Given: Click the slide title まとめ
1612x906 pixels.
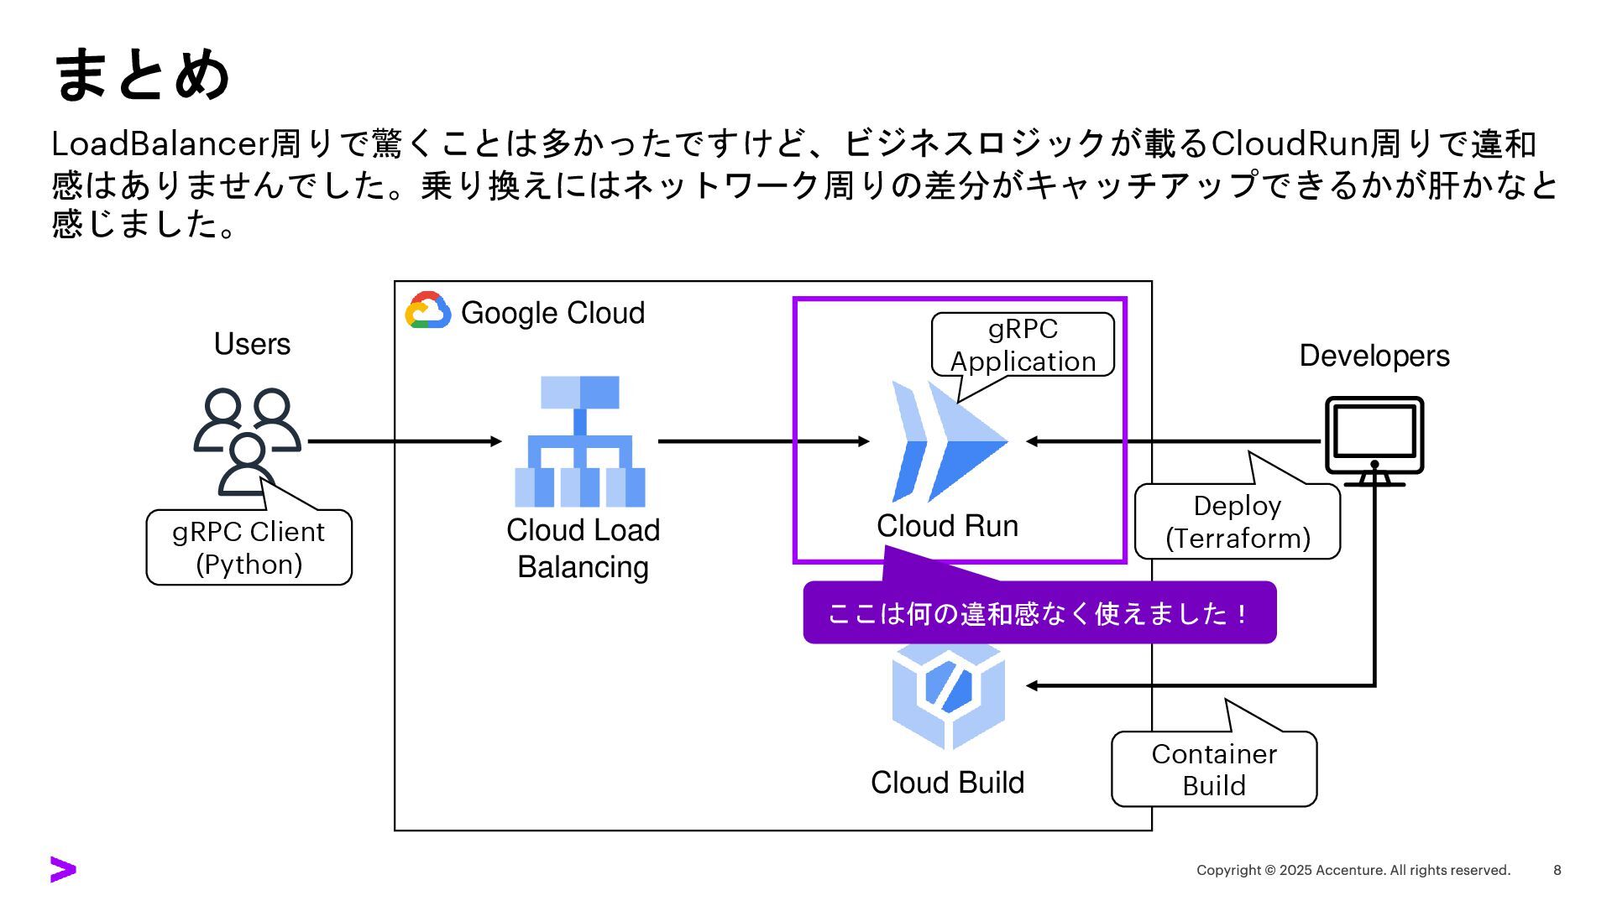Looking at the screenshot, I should point(141,75).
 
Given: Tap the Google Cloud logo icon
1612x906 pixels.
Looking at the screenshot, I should point(428,310).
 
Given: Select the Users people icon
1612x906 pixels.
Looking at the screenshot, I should point(247,440).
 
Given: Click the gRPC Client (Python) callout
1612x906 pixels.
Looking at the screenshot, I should point(249,547).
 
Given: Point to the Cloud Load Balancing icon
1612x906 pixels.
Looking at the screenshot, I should point(579,441).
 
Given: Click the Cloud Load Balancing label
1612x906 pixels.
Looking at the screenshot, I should point(583,548).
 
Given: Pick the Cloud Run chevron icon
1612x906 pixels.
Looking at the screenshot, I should point(949,441).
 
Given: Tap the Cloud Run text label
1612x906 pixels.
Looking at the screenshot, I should point(947,526).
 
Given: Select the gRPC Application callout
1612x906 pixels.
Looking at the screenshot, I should point(1023,345).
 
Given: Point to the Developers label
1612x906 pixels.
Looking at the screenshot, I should point(1374,356).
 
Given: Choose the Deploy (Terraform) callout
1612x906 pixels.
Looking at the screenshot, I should point(1238,521).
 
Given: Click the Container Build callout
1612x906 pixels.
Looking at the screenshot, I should point(1214,768).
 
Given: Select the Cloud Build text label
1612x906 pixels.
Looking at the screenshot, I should point(947,783).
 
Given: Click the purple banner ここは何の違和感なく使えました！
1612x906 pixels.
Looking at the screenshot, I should point(1039,613).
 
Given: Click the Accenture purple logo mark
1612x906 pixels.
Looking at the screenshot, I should point(63,870).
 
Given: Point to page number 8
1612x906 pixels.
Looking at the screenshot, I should point(1557,870).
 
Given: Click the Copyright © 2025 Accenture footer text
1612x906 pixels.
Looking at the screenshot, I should point(1353,870).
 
